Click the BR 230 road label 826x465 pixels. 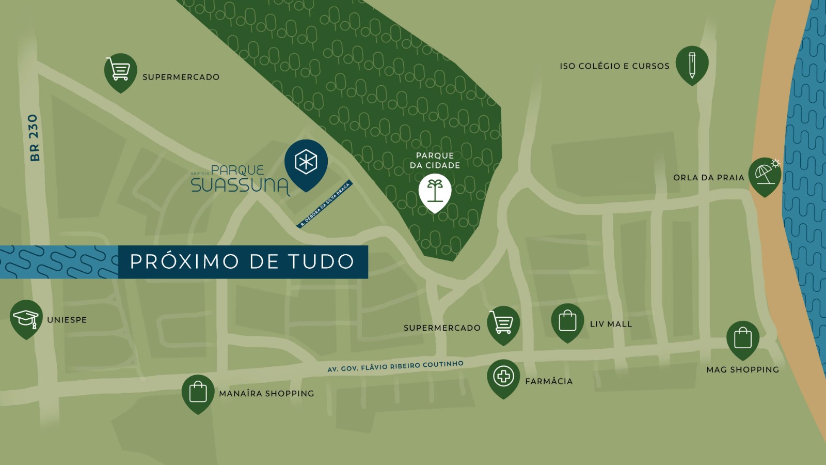pyautogui.click(x=34, y=137)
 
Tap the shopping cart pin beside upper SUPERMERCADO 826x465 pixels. pyautogui.click(x=120, y=70)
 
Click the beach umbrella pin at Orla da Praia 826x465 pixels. pyautogui.click(x=765, y=175)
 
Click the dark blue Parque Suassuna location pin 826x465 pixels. pyautogui.click(x=306, y=162)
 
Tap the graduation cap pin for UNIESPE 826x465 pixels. pyautogui.click(x=26, y=317)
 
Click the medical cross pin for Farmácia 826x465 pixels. pyautogui.click(x=503, y=376)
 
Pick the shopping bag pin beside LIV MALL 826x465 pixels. pyautogui.click(x=567, y=320)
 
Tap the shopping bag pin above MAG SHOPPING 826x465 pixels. pyautogui.click(x=742, y=338)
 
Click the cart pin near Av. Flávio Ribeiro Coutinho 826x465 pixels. pyautogui.click(x=503, y=323)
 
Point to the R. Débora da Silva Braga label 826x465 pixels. pyautogui.click(x=325, y=205)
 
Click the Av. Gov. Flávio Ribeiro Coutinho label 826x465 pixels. pyautogui.click(x=395, y=366)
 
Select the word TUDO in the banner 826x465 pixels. pyautogui.click(x=321, y=261)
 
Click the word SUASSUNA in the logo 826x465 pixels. pyautogui.click(x=240, y=185)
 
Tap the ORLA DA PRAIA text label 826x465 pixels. pyautogui.click(x=708, y=178)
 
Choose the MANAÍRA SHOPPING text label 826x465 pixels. pyautogui.click(x=266, y=394)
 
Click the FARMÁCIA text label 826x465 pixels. pyautogui.click(x=549, y=381)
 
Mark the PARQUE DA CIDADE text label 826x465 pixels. pyautogui.click(x=435, y=160)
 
